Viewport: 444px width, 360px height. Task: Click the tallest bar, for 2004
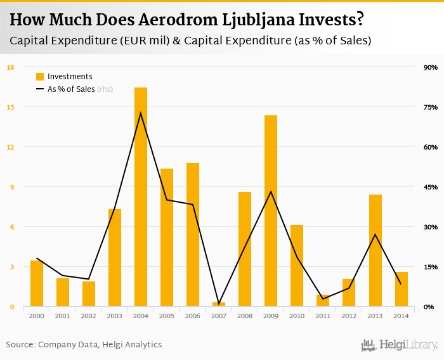click(x=141, y=196)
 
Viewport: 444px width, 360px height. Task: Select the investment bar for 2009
click(x=271, y=210)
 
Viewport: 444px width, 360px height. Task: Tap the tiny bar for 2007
click(x=219, y=304)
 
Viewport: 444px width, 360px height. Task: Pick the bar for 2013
click(x=375, y=250)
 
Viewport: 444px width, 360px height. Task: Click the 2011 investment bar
click(x=323, y=300)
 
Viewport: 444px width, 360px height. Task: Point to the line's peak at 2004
click(x=141, y=113)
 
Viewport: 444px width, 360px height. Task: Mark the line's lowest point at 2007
click(x=219, y=304)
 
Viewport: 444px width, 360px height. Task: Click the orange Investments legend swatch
click(x=40, y=77)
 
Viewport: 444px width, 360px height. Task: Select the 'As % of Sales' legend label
click(x=71, y=89)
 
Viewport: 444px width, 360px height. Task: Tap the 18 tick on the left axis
click(x=10, y=67)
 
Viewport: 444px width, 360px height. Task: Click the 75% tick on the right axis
click(x=431, y=107)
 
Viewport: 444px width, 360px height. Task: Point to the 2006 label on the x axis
click(x=193, y=316)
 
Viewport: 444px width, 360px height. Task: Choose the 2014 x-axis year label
click(x=401, y=316)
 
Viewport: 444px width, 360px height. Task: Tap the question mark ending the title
click(x=360, y=20)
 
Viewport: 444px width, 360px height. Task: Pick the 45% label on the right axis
click(x=431, y=187)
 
